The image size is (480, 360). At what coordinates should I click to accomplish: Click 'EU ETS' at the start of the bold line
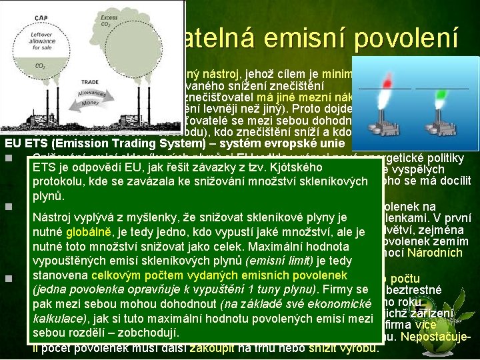click(24, 143)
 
